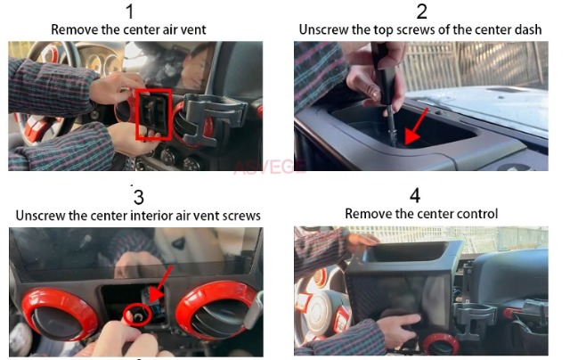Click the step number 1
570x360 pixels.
pyautogui.click(x=130, y=12)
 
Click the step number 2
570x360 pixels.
pyautogui.click(x=421, y=12)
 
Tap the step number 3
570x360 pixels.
pyautogui.click(x=139, y=197)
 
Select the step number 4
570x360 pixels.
pyautogui.click(x=415, y=196)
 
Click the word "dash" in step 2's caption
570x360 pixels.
pyautogui.click(x=528, y=29)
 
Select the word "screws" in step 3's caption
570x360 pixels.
pyautogui.click(x=241, y=216)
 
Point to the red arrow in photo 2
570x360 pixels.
pyautogui.click(x=416, y=127)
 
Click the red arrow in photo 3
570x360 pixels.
pyautogui.click(x=160, y=284)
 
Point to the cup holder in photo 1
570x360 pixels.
pyautogui.click(x=213, y=117)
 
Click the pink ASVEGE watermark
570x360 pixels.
pyautogui.click(x=269, y=167)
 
